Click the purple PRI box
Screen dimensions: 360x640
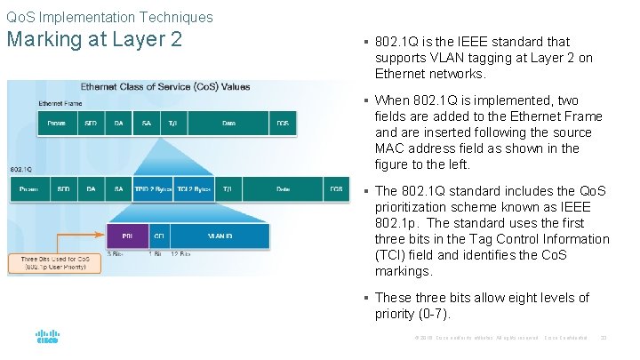[x=128, y=236]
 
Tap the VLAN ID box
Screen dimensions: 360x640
[x=220, y=236]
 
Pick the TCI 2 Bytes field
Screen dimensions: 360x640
[x=194, y=188]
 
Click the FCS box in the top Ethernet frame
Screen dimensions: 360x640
[x=282, y=123]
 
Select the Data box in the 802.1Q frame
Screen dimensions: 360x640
[x=283, y=188]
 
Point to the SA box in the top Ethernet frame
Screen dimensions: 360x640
[x=146, y=123]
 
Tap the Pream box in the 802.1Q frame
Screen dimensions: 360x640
[x=28, y=188]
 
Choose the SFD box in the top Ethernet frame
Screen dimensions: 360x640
[x=91, y=123]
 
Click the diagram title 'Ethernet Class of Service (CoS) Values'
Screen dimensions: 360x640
[x=165, y=87]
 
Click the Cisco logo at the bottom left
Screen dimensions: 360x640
[x=47, y=337]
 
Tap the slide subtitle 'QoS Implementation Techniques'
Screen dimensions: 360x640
[x=109, y=17]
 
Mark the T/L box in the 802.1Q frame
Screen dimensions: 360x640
[x=228, y=188]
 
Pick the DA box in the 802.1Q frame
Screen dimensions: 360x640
[x=91, y=188]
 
